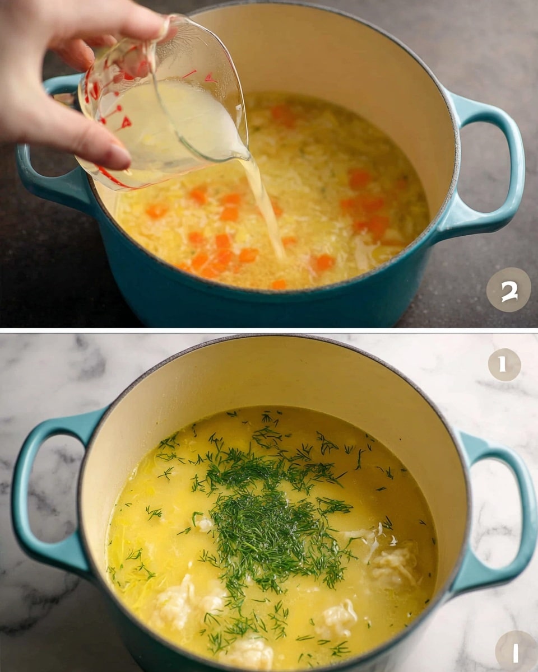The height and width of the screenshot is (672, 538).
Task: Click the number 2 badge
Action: [x=508, y=290]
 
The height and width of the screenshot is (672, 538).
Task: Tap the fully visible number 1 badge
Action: [x=504, y=365]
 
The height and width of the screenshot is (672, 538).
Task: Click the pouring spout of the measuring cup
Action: [x=244, y=153]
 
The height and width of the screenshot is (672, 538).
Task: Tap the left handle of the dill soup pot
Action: [x=39, y=493]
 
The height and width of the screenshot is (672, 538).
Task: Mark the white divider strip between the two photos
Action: [x=269, y=330]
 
